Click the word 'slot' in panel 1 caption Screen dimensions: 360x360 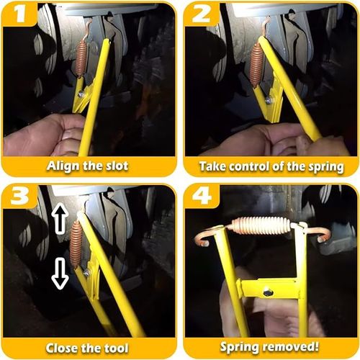[x=114, y=166]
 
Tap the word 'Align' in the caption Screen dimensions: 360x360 [x=63, y=166]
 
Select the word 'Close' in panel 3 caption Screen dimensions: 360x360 [x=63, y=348]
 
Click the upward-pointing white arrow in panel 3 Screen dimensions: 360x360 [x=60, y=217]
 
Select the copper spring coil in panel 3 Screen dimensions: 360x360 [x=76, y=245]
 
